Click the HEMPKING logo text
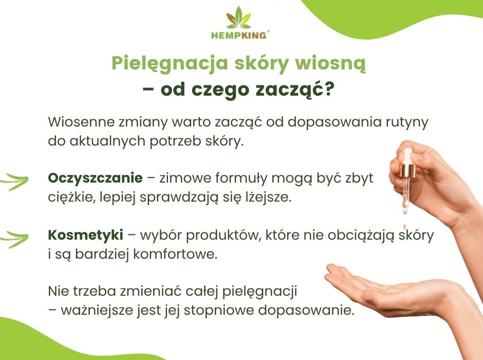click(239, 35)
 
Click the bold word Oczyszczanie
click(95, 178)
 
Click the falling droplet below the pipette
click(405, 227)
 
